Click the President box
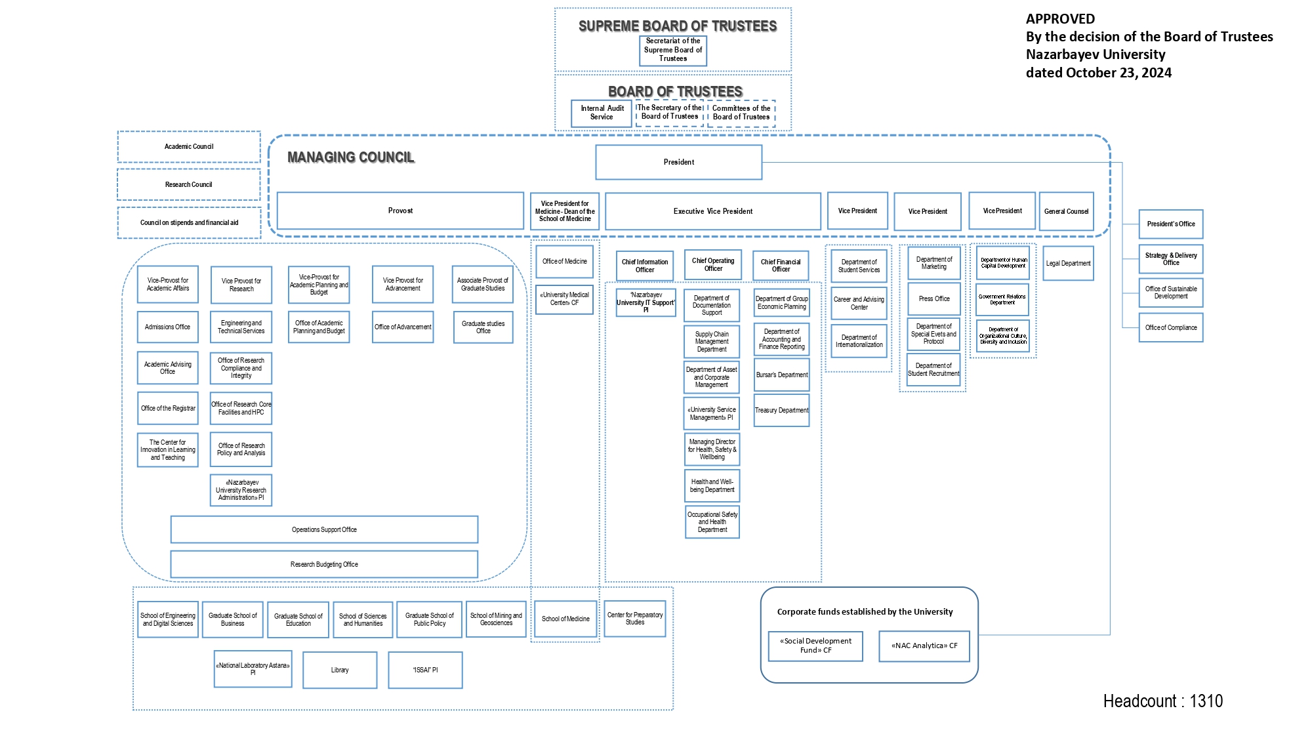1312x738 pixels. point(678,162)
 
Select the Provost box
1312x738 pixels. point(400,211)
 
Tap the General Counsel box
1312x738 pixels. point(1066,211)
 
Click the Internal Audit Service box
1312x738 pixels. point(602,113)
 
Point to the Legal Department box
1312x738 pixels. point(1068,263)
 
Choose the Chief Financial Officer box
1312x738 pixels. point(781,265)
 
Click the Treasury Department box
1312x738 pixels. point(781,410)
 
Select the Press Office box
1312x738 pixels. point(933,298)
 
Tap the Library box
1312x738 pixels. point(340,670)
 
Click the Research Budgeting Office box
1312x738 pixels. point(324,564)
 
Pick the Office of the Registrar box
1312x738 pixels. point(168,408)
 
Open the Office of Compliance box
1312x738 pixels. point(1170,327)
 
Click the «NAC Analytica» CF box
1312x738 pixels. point(924,646)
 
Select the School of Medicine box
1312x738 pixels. point(565,619)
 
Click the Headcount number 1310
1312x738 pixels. point(1206,701)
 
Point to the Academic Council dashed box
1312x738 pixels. point(189,146)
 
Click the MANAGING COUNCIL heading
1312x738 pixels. point(351,157)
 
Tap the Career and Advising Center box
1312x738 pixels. point(859,303)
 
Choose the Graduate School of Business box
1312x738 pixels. point(232,619)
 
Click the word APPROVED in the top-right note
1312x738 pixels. point(1060,19)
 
